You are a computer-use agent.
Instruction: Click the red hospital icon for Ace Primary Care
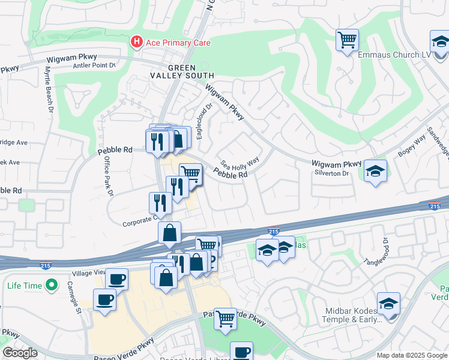pos(137,41)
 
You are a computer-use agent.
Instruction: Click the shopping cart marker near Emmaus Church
pos(346,40)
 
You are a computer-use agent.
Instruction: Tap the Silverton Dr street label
pos(332,173)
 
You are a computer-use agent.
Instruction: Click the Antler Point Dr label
pos(94,65)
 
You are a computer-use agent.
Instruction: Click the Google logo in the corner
pos(20,352)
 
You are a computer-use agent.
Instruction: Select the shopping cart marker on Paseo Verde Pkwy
pos(226,319)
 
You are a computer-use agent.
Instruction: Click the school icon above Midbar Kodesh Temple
pos(388,304)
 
